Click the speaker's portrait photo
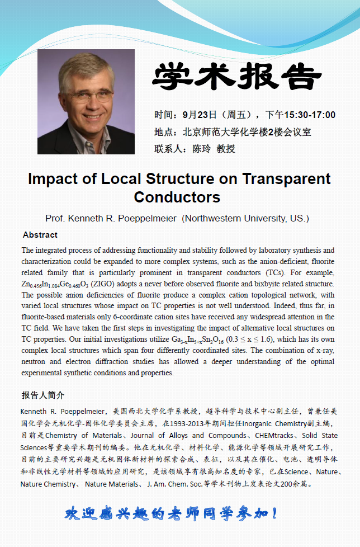pyautogui.click(x=86, y=102)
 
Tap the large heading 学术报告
pyautogui.click(x=237, y=76)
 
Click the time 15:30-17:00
pyautogui.click(x=310, y=115)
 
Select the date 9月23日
pyautogui.click(x=199, y=115)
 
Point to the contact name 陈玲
pyautogui.click(x=202, y=149)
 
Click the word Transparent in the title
pyautogui.click(x=286, y=180)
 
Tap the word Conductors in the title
pyautogui.click(x=177, y=197)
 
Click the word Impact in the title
pyautogui.click(x=53, y=180)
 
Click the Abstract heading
pyautogui.click(x=40, y=235)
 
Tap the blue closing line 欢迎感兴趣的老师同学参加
pyautogui.click(x=172, y=513)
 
